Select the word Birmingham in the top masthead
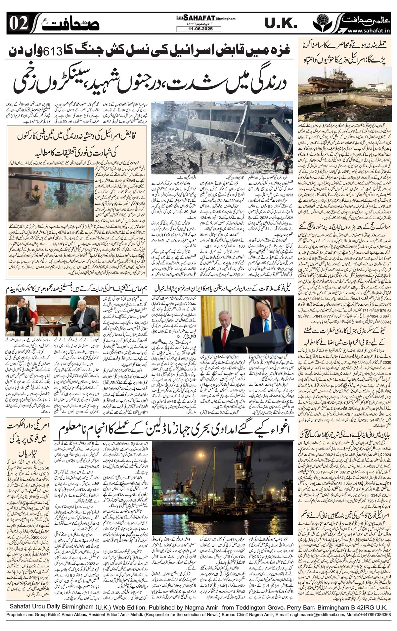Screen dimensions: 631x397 222,19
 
